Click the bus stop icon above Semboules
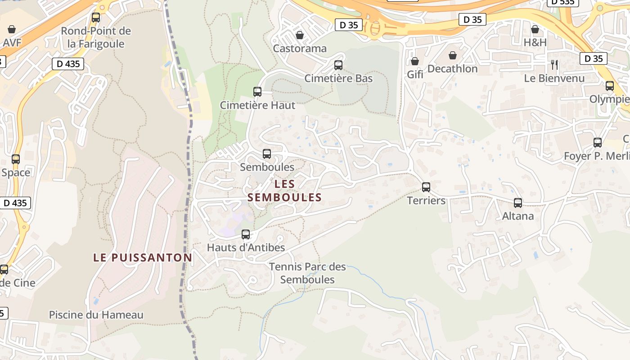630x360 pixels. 267,154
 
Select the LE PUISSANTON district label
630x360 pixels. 143,257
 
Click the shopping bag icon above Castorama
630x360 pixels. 300,35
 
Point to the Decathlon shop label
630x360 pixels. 452,69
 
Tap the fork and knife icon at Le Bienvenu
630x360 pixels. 554,64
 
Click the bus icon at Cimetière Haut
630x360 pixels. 257,92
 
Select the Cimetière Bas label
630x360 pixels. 338,78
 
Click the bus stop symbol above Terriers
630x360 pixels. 426,187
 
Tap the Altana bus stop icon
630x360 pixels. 518,203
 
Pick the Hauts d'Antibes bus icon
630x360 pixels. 246,234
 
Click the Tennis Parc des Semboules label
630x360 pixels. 307,273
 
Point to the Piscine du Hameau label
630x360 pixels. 96,315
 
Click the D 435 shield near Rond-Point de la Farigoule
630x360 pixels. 68,64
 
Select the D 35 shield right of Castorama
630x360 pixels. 349,25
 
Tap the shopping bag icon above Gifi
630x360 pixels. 415,61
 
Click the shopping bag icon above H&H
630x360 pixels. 535,29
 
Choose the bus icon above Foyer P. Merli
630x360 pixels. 598,142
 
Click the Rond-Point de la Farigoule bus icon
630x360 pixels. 96,18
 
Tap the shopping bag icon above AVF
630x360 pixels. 12,29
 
